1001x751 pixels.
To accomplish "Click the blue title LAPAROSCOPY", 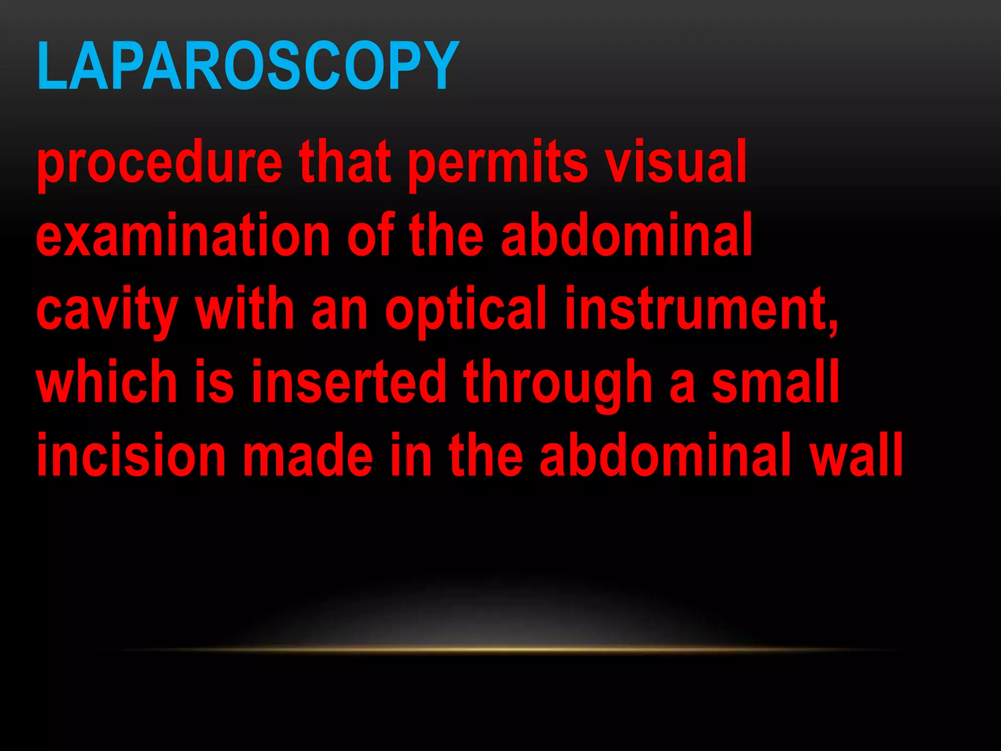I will click(x=248, y=66).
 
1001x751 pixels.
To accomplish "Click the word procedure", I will click(x=159, y=164).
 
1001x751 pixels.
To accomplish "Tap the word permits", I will click(x=498, y=164).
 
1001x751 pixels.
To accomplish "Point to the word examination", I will click(x=183, y=236).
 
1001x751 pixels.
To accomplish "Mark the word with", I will click(x=244, y=309).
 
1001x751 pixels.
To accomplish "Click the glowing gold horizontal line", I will click(x=500, y=650).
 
